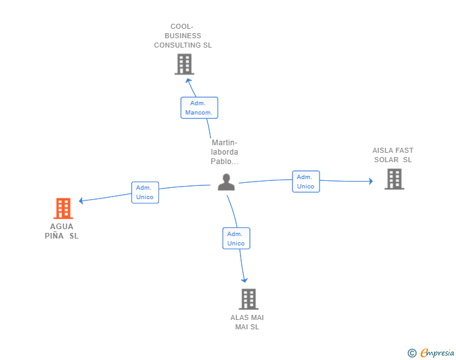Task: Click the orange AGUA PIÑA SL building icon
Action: [63, 208]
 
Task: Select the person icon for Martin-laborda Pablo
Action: [226, 182]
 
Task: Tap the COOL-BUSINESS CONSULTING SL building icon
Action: [184, 64]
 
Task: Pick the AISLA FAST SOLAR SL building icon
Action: [395, 179]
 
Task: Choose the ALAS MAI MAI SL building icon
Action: [249, 299]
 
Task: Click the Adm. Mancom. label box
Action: [199, 108]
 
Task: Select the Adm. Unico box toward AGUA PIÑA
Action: [145, 192]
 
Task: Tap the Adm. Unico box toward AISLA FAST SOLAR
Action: [306, 182]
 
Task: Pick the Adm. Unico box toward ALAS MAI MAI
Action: [236, 238]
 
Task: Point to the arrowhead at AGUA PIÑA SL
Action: [81, 200]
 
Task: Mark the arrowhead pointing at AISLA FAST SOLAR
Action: [371, 181]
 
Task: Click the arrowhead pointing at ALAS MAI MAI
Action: [244, 280]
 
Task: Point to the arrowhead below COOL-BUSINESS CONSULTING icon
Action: [189, 80]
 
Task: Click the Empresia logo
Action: [437, 352]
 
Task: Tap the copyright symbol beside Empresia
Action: [412, 353]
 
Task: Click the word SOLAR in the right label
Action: [386, 160]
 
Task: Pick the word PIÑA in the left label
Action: [54, 236]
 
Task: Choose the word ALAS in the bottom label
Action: [238, 317]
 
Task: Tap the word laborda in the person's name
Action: [224, 152]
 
